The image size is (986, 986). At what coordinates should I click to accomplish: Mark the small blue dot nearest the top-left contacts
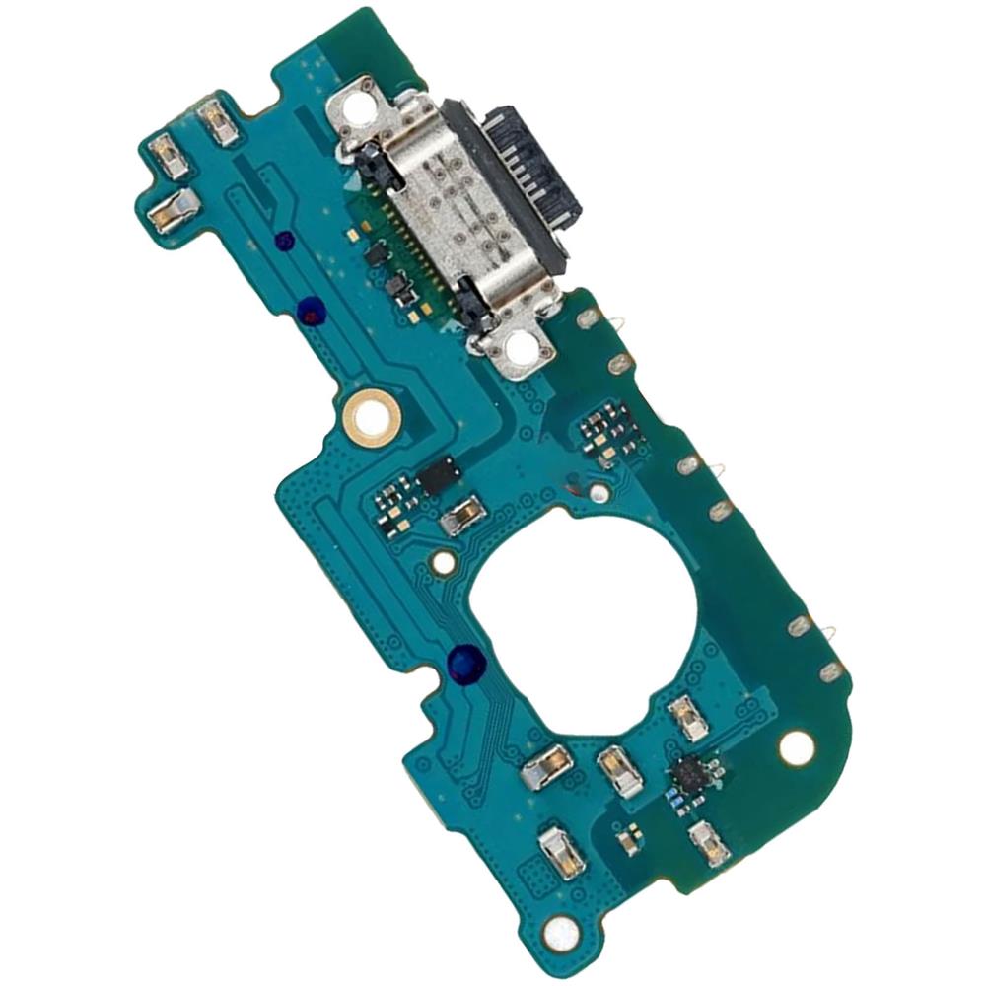(x=284, y=241)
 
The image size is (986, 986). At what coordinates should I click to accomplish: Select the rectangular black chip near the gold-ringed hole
(x=437, y=475)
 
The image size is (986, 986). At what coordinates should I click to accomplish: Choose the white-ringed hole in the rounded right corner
(x=796, y=748)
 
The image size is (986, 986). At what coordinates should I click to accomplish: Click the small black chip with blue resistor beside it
(x=687, y=775)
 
